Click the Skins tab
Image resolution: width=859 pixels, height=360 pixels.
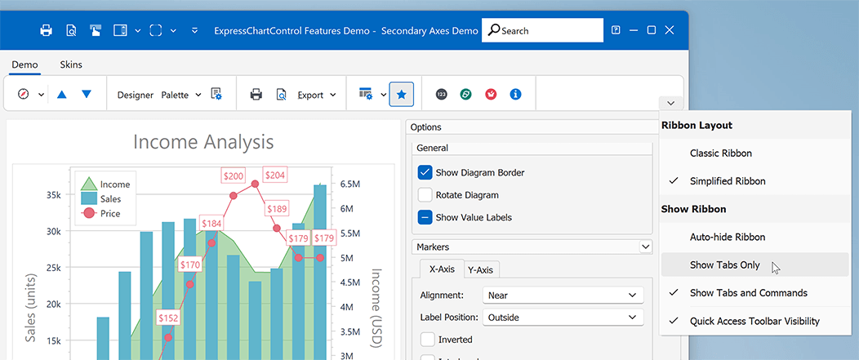point(71,64)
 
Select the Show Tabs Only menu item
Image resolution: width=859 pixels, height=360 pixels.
point(724,264)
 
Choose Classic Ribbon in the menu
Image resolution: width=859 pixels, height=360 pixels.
point(720,153)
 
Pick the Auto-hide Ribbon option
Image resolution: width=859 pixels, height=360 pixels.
point(727,237)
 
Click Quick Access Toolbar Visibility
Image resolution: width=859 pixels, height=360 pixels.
point(754,321)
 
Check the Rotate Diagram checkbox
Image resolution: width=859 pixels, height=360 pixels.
point(425,195)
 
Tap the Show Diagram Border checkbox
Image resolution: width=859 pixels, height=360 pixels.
point(425,172)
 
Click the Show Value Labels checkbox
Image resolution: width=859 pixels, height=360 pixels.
point(425,217)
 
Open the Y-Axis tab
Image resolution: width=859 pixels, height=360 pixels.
point(482,270)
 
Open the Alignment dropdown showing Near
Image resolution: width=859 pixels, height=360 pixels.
point(563,295)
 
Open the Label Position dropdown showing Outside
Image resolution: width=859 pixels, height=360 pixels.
point(563,317)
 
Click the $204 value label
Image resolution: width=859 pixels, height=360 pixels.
point(275,175)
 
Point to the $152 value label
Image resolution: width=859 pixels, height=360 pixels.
point(168,317)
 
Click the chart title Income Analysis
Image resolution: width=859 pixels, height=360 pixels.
point(203,142)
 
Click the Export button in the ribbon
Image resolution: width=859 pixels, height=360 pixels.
point(316,95)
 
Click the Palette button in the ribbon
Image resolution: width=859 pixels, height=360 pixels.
point(180,95)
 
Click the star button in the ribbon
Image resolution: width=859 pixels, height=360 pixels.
point(401,95)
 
